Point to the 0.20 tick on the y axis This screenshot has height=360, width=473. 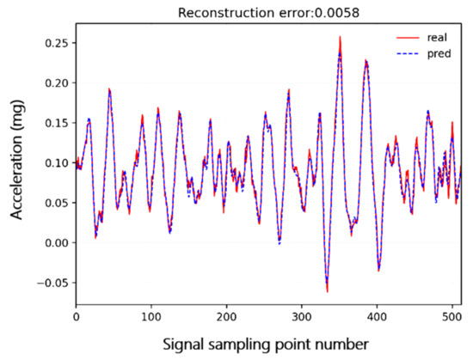pyautogui.click(x=56, y=82)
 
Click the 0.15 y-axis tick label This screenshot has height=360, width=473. pyautogui.click(x=56, y=123)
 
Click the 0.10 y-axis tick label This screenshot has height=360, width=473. pyautogui.click(x=56, y=162)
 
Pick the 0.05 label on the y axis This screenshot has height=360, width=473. pyautogui.click(x=56, y=203)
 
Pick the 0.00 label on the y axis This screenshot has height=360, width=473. pyautogui.click(x=56, y=242)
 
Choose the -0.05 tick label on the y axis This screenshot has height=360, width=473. pyautogui.click(x=53, y=283)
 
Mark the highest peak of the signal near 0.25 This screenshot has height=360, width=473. pyautogui.click(x=340, y=37)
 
